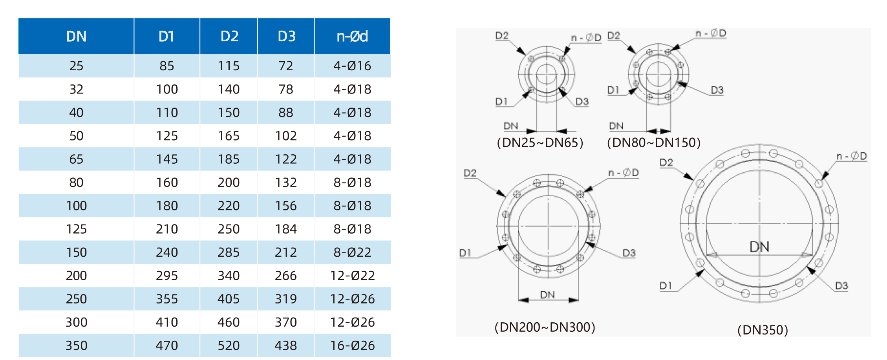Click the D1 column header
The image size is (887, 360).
pyautogui.click(x=166, y=37)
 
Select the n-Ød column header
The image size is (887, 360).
pyautogui.click(x=352, y=37)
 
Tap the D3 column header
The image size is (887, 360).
pyautogui.click(x=286, y=37)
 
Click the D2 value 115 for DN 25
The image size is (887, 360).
pyautogui.click(x=229, y=66)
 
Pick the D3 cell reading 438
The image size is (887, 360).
pyautogui.click(x=286, y=345)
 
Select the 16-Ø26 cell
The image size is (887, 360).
pyautogui.click(x=352, y=345)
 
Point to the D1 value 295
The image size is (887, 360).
pyautogui.click(x=167, y=276)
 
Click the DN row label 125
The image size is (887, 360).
pyautogui.click(x=76, y=229)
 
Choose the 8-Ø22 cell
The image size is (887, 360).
pyautogui.click(x=352, y=252)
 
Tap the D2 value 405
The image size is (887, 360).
pyautogui.click(x=229, y=299)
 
